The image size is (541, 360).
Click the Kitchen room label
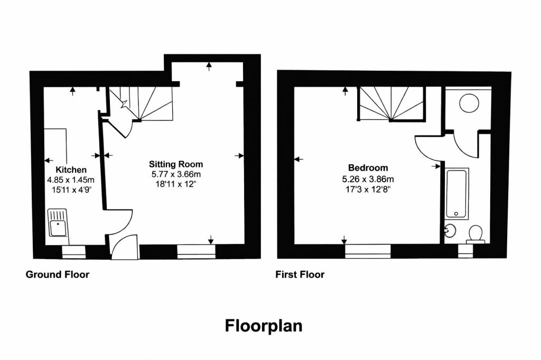(71, 170)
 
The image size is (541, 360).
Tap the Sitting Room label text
(175, 164)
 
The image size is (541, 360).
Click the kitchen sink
(58, 222)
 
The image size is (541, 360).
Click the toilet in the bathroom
(476, 234)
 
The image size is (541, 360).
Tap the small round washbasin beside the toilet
(450, 231)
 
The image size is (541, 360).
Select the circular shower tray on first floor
(469, 102)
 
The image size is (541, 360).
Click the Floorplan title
(264, 325)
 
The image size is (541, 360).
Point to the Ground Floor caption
(58, 274)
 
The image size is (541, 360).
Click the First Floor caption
(300, 274)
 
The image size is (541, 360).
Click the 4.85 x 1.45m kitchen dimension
(71, 180)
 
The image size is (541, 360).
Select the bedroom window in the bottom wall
(368, 251)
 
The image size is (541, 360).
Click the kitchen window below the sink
(73, 252)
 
